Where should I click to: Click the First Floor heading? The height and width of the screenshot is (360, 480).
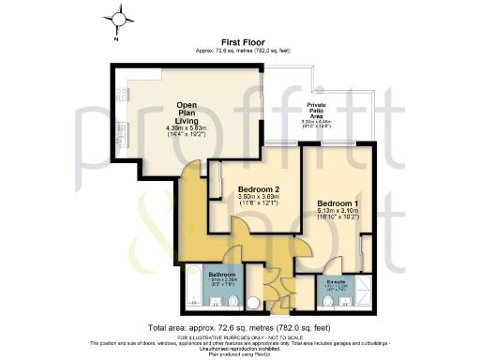click(x=240, y=42)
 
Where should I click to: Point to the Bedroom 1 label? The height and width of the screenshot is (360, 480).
click(x=338, y=203)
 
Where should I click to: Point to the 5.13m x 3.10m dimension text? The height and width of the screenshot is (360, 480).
click(x=338, y=212)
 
